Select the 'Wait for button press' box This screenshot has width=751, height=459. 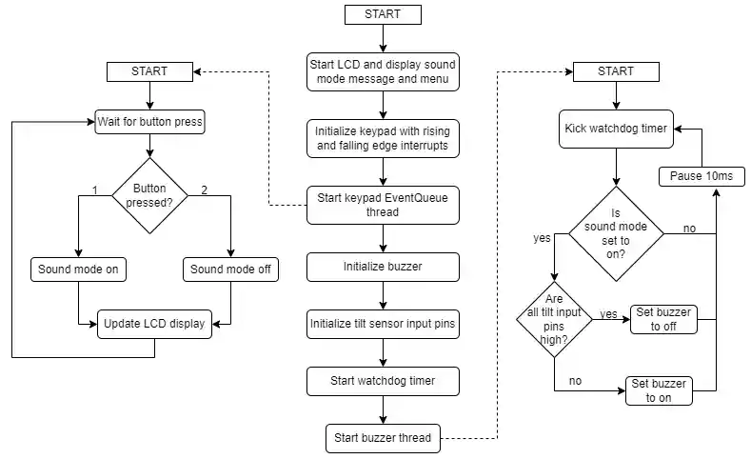coord(150,122)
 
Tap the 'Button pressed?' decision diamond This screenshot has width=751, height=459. coord(149,195)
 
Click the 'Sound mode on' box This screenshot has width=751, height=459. coord(78,269)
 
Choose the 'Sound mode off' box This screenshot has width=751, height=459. coord(230,269)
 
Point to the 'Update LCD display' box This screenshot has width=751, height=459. coord(154,324)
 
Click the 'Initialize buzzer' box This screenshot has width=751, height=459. coord(383,268)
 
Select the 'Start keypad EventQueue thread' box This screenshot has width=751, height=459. coord(383,205)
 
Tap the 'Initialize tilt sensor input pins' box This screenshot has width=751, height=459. coord(383,324)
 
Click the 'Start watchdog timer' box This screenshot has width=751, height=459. coord(383,381)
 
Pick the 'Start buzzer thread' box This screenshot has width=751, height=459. coord(383,438)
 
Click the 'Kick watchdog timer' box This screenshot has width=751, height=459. coord(617,128)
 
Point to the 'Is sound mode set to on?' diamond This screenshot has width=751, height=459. coord(616,233)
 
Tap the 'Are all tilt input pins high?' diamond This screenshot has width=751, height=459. coord(553,319)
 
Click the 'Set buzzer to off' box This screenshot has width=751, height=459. coord(662,319)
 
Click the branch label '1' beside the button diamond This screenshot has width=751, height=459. coord(95,190)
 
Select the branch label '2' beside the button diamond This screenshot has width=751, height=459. coord(204,190)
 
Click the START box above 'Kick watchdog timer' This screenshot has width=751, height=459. coord(616,71)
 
